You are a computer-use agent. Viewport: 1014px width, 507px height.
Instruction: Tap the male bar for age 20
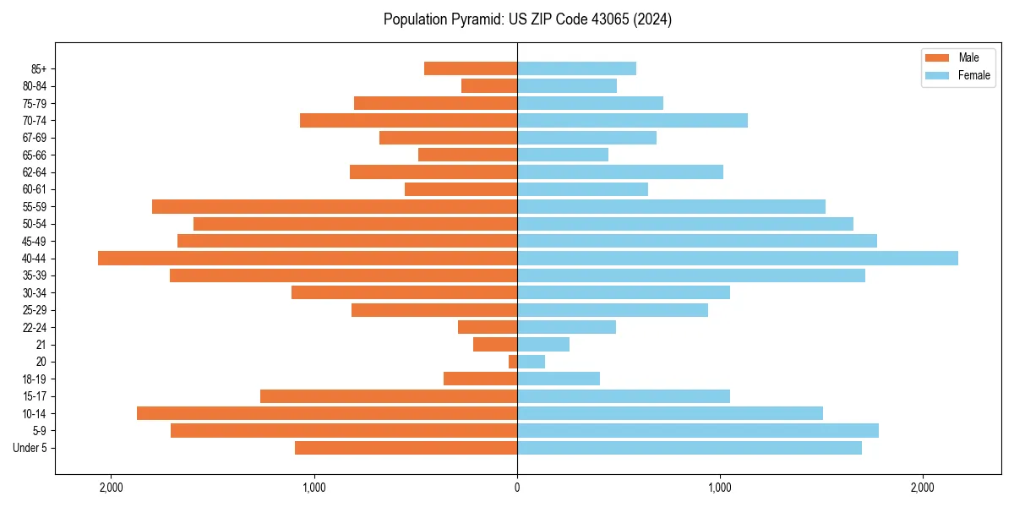tap(513, 362)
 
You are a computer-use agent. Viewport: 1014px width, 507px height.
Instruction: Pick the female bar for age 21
tap(543, 345)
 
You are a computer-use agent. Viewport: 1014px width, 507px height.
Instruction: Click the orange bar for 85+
tap(471, 68)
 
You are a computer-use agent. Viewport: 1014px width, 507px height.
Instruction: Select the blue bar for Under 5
tap(690, 448)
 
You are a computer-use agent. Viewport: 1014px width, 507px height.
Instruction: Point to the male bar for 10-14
tap(327, 413)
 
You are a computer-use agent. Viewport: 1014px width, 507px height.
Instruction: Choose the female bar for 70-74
tap(632, 121)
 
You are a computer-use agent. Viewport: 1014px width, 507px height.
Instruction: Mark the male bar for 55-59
tap(335, 207)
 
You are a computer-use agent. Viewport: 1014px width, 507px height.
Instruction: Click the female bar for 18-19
tap(559, 379)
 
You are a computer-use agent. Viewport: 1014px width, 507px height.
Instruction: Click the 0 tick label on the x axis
tap(517, 488)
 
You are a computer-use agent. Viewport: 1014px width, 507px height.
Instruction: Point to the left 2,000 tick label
tap(111, 488)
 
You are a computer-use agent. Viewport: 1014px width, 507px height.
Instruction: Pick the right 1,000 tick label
tap(720, 488)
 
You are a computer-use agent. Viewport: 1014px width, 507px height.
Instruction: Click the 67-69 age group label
tap(35, 138)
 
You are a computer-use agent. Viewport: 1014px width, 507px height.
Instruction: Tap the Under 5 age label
tap(30, 448)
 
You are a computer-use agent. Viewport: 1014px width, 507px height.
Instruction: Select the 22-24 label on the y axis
tap(35, 328)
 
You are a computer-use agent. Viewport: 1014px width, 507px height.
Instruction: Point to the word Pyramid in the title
tap(475, 19)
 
